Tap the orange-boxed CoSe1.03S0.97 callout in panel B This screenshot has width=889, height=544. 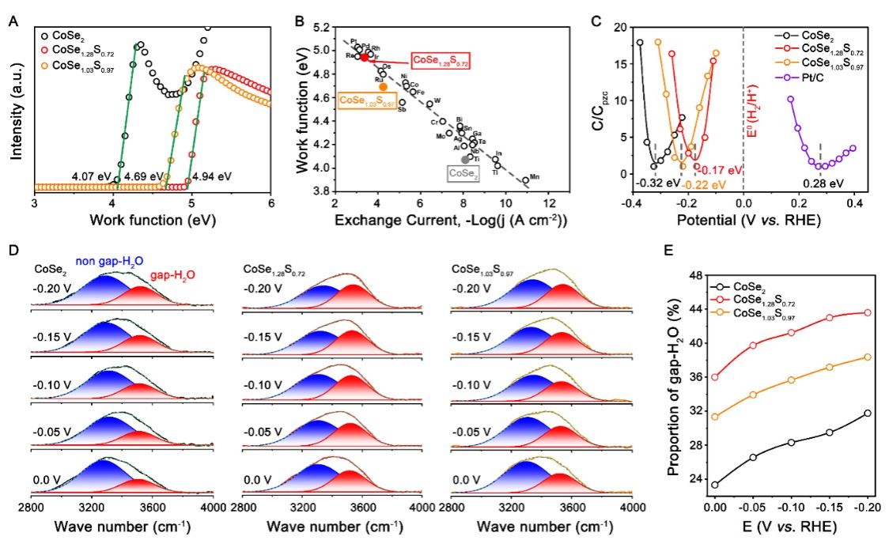click(x=366, y=100)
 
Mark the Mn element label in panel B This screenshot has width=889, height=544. click(x=535, y=176)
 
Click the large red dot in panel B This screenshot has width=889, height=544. click(x=365, y=58)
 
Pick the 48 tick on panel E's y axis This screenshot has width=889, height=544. click(x=695, y=275)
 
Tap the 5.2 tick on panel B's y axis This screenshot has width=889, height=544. click(x=321, y=27)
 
